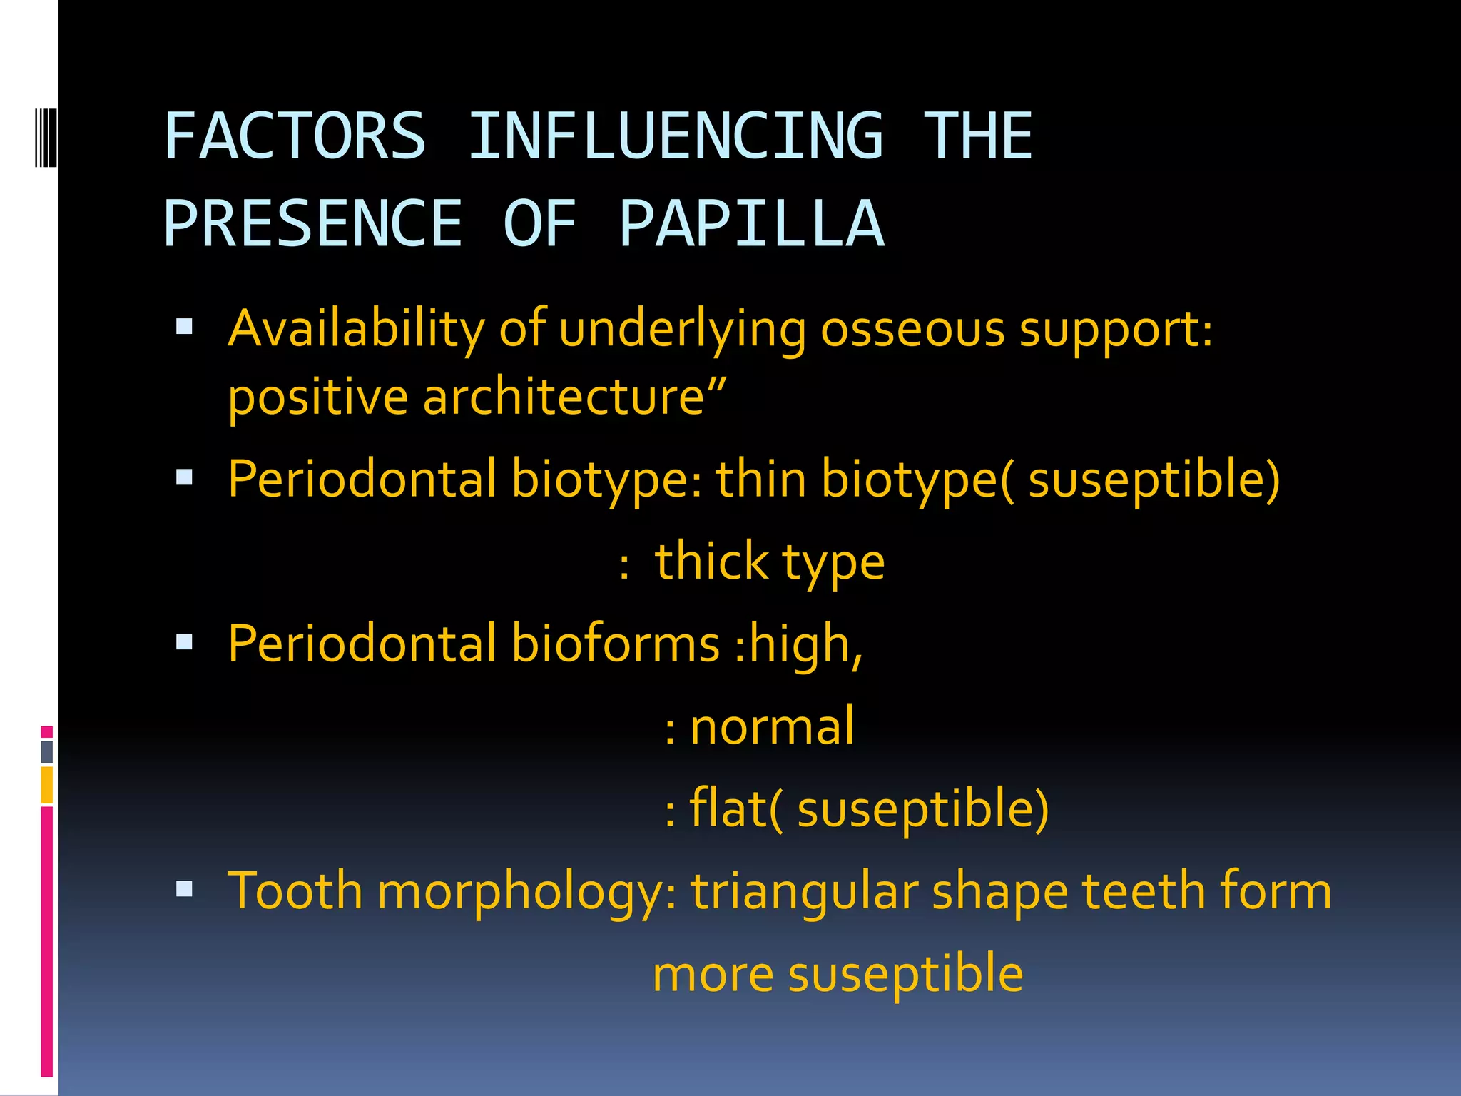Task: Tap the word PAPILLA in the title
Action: (752, 223)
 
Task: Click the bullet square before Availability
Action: (185, 328)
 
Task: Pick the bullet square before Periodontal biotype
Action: (185, 477)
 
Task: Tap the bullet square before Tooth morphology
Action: (185, 889)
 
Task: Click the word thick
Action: (711, 561)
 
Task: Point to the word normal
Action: (772, 726)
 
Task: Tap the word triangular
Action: (804, 892)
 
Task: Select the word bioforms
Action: (616, 643)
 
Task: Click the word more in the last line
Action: (713, 974)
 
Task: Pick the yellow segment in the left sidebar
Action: (47, 784)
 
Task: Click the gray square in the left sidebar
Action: (47, 751)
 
